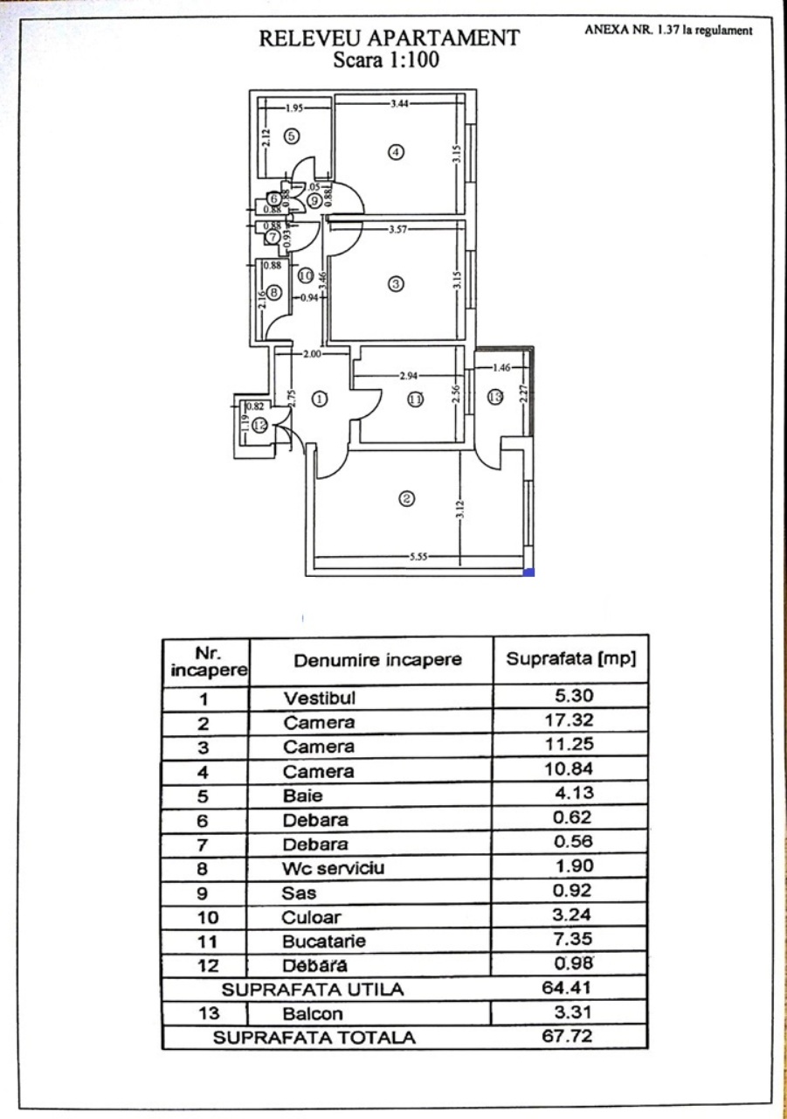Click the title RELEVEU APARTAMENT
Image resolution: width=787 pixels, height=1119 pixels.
[x=389, y=39]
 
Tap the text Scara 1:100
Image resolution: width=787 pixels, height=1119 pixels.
[x=385, y=60]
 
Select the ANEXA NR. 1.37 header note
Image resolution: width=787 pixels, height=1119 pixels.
[x=668, y=31]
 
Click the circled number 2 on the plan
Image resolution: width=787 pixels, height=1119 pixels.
[x=406, y=500]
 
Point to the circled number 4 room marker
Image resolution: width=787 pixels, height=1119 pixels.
[x=396, y=152]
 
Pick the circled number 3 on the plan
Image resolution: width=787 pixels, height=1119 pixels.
[x=396, y=284]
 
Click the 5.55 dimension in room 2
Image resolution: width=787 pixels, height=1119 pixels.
[x=419, y=557]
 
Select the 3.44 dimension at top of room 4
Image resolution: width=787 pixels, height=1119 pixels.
[x=400, y=104]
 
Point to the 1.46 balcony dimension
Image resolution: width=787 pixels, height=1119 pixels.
[x=501, y=368]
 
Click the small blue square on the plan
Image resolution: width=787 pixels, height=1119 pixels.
[x=528, y=573]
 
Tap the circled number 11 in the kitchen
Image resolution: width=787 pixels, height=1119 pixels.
[x=415, y=400]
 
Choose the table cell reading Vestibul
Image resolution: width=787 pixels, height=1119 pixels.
[x=320, y=699]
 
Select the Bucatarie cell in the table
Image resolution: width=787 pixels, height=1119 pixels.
[x=323, y=942]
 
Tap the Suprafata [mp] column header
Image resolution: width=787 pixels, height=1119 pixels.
[x=570, y=657]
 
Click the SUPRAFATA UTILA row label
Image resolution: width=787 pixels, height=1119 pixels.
[x=312, y=990]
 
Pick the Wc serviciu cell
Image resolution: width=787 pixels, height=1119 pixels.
[x=333, y=868]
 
